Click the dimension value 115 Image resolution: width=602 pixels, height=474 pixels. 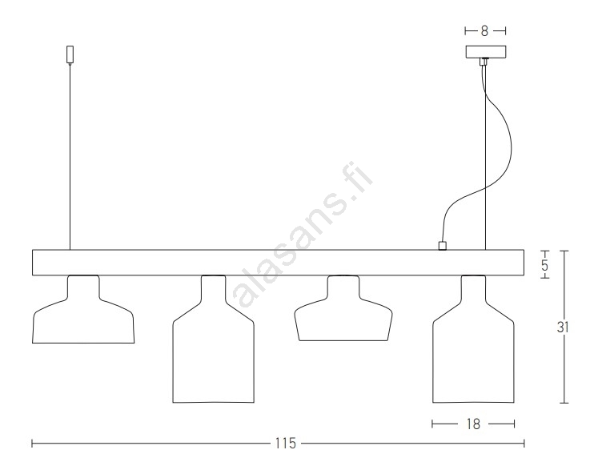285,444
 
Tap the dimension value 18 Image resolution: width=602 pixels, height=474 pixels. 473,424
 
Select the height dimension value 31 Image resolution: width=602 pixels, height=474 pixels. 563,327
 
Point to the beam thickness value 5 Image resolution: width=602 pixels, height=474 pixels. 545,265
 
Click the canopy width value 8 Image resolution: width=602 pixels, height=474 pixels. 484,31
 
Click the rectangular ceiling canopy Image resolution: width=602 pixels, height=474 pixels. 486,52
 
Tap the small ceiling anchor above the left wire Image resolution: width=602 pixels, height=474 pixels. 70,54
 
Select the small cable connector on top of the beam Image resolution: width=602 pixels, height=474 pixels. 442,246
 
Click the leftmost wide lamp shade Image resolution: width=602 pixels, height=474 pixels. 83,309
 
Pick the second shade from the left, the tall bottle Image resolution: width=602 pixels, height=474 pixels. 214,339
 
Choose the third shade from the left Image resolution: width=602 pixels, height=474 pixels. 343,308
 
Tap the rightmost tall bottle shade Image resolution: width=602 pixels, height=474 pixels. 473,339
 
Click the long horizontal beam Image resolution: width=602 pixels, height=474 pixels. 279,263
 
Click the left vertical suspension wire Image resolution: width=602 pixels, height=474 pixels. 70,157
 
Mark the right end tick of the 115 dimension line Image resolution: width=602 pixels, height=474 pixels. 524,444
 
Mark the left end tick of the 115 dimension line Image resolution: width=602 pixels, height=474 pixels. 32,444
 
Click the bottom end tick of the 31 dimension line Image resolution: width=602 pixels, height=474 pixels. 564,403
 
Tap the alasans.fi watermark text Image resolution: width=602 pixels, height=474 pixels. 303,234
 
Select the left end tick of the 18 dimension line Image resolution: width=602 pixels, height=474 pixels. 432,424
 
